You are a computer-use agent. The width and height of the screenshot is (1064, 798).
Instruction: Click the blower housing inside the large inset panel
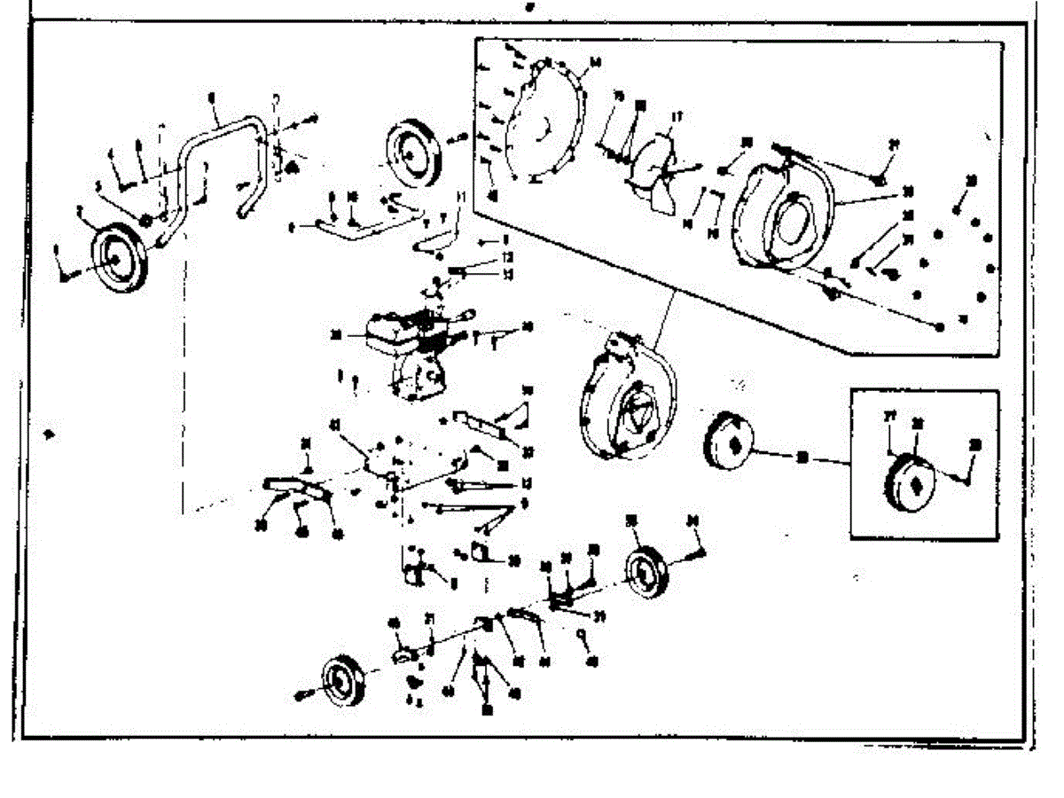pyautogui.click(x=780, y=216)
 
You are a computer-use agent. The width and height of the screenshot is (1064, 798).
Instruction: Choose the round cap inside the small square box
pyautogui.click(x=908, y=479)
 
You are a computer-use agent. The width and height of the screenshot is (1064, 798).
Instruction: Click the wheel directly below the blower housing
pyautogui.click(x=645, y=572)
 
